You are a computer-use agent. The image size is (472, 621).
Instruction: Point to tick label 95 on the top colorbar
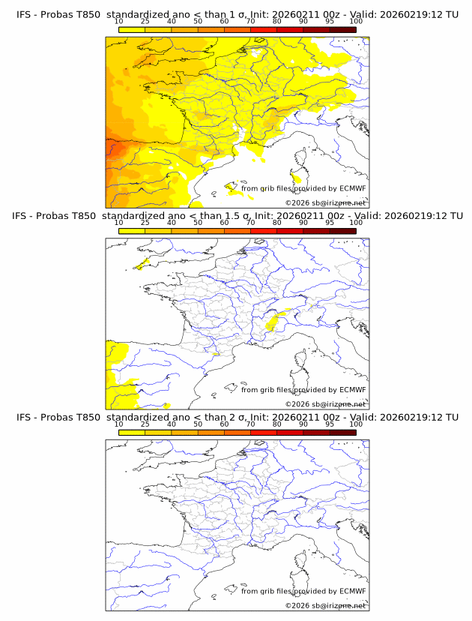pos(330,22)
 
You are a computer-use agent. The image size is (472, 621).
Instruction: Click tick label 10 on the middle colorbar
pos(119,223)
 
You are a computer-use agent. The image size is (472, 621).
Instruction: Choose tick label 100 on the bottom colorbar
pos(356,424)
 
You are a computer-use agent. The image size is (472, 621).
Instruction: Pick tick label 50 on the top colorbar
pos(198,22)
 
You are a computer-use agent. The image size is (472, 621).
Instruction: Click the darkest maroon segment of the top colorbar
pos(342,29)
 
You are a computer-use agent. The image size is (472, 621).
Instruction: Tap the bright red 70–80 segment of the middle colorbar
pos(263,231)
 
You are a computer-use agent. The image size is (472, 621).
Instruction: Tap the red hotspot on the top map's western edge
pos(112,146)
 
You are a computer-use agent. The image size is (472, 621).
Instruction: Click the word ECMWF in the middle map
pos(352,390)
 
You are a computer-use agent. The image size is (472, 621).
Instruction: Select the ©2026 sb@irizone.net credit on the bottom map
pos(325,605)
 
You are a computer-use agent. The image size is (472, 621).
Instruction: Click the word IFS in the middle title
pos(25,216)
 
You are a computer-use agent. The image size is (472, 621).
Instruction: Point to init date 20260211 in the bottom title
pos(290,417)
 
